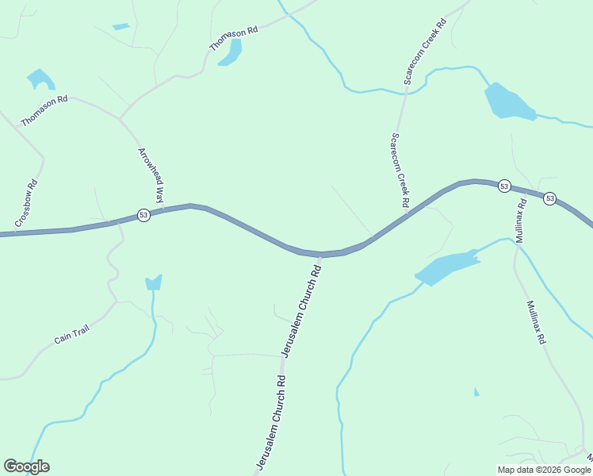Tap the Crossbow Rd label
coord(26,203)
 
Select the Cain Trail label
coord(71,335)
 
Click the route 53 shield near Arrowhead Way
coord(143,215)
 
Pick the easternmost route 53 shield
coord(549,199)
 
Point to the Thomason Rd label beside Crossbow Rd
coord(44,110)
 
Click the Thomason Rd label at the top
coord(234,39)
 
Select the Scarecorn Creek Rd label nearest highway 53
coord(399,170)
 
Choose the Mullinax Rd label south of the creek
coord(535,321)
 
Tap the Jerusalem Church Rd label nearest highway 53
coord(302,310)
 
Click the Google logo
coord(26,466)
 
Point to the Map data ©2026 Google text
coord(544,470)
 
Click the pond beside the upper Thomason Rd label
coord(231,52)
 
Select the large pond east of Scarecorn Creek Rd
coord(507,102)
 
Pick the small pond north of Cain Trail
coord(154,282)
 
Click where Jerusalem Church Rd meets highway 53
coord(323,255)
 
